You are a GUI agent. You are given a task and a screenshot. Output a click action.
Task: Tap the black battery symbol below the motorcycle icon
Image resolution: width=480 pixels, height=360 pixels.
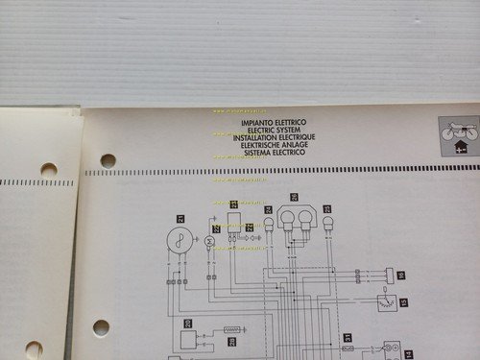[459, 148]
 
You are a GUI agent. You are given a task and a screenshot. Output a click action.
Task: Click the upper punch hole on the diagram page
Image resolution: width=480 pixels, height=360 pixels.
[108, 160]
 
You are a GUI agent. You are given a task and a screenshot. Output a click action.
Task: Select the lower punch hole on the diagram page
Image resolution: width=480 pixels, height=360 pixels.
[101, 326]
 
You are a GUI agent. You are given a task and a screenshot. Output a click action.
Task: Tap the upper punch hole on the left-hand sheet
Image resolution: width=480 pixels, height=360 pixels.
[48, 170]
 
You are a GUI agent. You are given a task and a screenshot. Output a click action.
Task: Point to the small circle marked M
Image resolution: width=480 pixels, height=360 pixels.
[208, 239]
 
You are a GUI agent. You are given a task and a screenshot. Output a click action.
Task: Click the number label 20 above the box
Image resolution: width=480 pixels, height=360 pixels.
[187, 323]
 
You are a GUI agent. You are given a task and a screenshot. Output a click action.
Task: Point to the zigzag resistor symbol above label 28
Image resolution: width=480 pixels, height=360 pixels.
[231, 329]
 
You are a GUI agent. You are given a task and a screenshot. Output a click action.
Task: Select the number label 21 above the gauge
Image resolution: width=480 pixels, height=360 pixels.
[181, 218]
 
